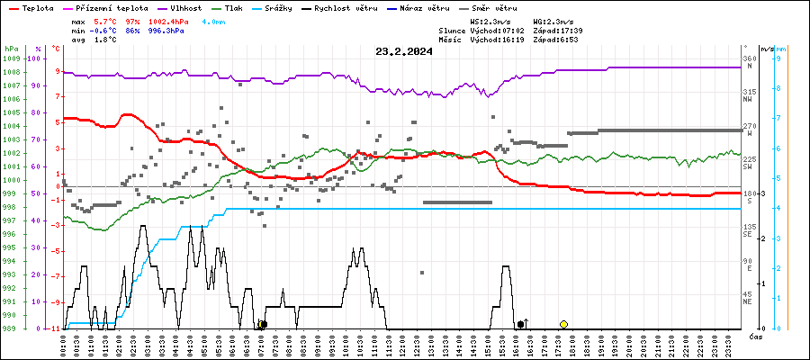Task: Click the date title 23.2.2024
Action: click(404, 51)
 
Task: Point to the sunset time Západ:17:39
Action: click(557, 30)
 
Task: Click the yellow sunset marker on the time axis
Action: click(563, 324)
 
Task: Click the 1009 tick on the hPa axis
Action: click(11, 58)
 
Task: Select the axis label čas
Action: click(758, 337)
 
